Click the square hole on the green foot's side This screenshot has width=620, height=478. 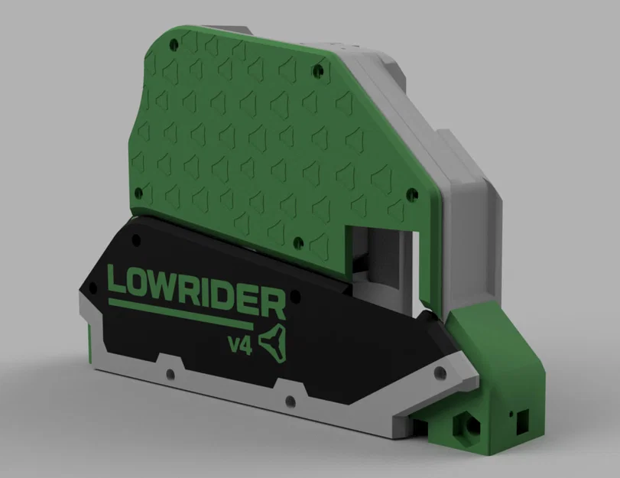[522, 418]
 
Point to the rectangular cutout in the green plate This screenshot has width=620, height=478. [380, 264]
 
